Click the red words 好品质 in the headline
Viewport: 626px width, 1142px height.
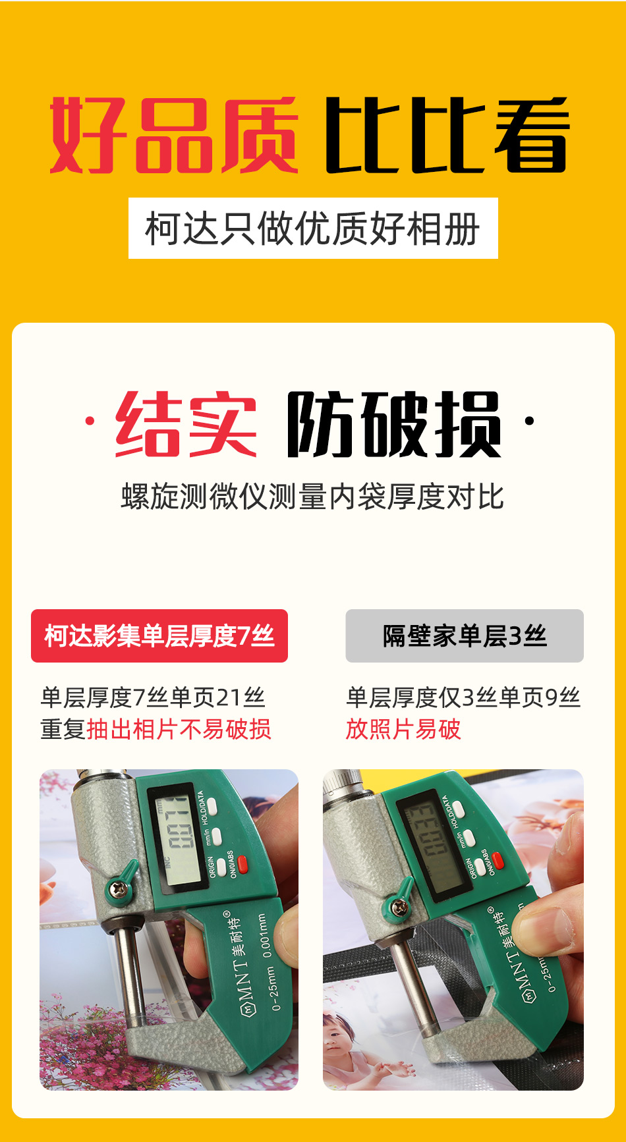pyautogui.click(x=174, y=135)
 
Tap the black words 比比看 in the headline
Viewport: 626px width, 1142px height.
pyautogui.click(x=447, y=135)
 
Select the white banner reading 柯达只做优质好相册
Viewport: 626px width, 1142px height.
pyautogui.click(x=313, y=229)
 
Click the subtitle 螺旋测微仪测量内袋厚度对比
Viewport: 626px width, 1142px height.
pyautogui.click(x=312, y=497)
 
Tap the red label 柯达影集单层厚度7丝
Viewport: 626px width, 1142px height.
pyautogui.click(x=159, y=636)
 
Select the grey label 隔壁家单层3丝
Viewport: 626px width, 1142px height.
pyautogui.click(x=465, y=636)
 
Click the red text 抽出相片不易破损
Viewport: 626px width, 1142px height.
pyautogui.click(x=179, y=730)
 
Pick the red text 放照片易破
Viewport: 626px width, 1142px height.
pyautogui.click(x=403, y=730)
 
